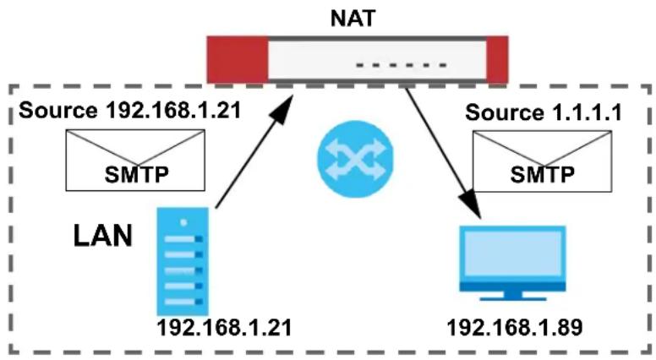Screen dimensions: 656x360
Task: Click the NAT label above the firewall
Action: tap(353, 19)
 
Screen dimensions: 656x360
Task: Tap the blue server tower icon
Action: tap(183, 261)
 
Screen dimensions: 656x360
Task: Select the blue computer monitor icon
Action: tap(512, 263)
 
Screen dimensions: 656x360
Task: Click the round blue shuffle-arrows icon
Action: tap(355, 159)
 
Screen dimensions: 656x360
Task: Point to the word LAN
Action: tap(103, 236)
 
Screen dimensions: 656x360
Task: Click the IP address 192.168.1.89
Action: tap(515, 327)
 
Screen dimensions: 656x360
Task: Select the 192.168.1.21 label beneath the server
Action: tap(224, 327)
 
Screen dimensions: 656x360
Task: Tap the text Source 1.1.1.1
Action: tap(544, 113)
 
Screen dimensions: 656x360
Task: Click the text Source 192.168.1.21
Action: tap(130, 111)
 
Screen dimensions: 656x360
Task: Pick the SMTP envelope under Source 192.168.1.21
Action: tap(135, 160)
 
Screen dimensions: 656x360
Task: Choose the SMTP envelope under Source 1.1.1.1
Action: tap(542, 161)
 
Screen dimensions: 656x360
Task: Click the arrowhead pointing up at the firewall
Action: tap(284, 108)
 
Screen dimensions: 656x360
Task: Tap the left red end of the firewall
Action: tap(238, 60)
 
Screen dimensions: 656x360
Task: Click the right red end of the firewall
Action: tap(497, 60)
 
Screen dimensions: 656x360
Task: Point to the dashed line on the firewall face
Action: tap(402, 65)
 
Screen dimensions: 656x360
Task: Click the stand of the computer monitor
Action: tap(513, 296)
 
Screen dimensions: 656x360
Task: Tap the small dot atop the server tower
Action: tap(183, 222)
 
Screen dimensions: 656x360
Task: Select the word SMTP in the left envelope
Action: tap(137, 174)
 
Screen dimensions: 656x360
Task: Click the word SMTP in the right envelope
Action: tap(542, 174)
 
